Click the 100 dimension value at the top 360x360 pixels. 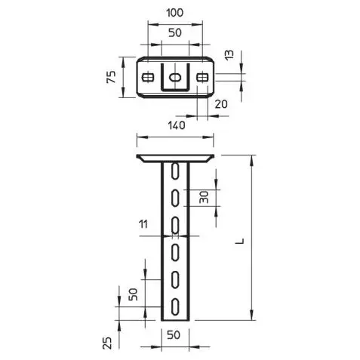tap(175, 13)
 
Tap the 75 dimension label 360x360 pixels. tap(111, 77)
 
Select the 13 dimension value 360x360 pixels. tap(229, 55)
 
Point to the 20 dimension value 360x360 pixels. tap(221, 104)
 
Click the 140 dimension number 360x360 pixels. tap(177, 125)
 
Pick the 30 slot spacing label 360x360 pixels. tap(204, 197)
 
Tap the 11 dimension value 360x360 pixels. tap(143, 224)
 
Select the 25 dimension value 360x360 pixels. tap(107, 343)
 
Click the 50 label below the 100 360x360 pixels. tap(175, 32)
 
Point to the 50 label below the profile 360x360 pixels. tap(174, 335)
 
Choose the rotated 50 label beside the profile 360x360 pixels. tap(134, 294)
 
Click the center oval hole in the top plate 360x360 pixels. tap(175, 77)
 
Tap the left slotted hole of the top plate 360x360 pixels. tap(148, 77)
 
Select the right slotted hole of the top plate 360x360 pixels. tap(202, 77)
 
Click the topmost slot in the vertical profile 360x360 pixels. tap(175, 171)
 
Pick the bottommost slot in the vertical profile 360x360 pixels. tap(175, 306)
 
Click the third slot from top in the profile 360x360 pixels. tap(175, 225)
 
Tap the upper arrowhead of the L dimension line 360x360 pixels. tap(251, 161)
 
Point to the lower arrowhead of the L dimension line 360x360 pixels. tap(251, 315)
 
